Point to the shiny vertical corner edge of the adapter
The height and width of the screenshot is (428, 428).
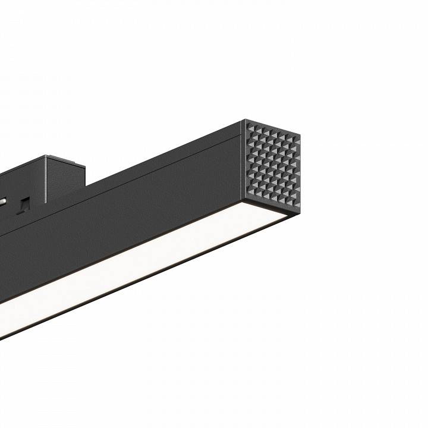pyautogui.click(x=47, y=178)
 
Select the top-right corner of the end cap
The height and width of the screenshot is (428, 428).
pyautogui.click(x=299, y=135)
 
